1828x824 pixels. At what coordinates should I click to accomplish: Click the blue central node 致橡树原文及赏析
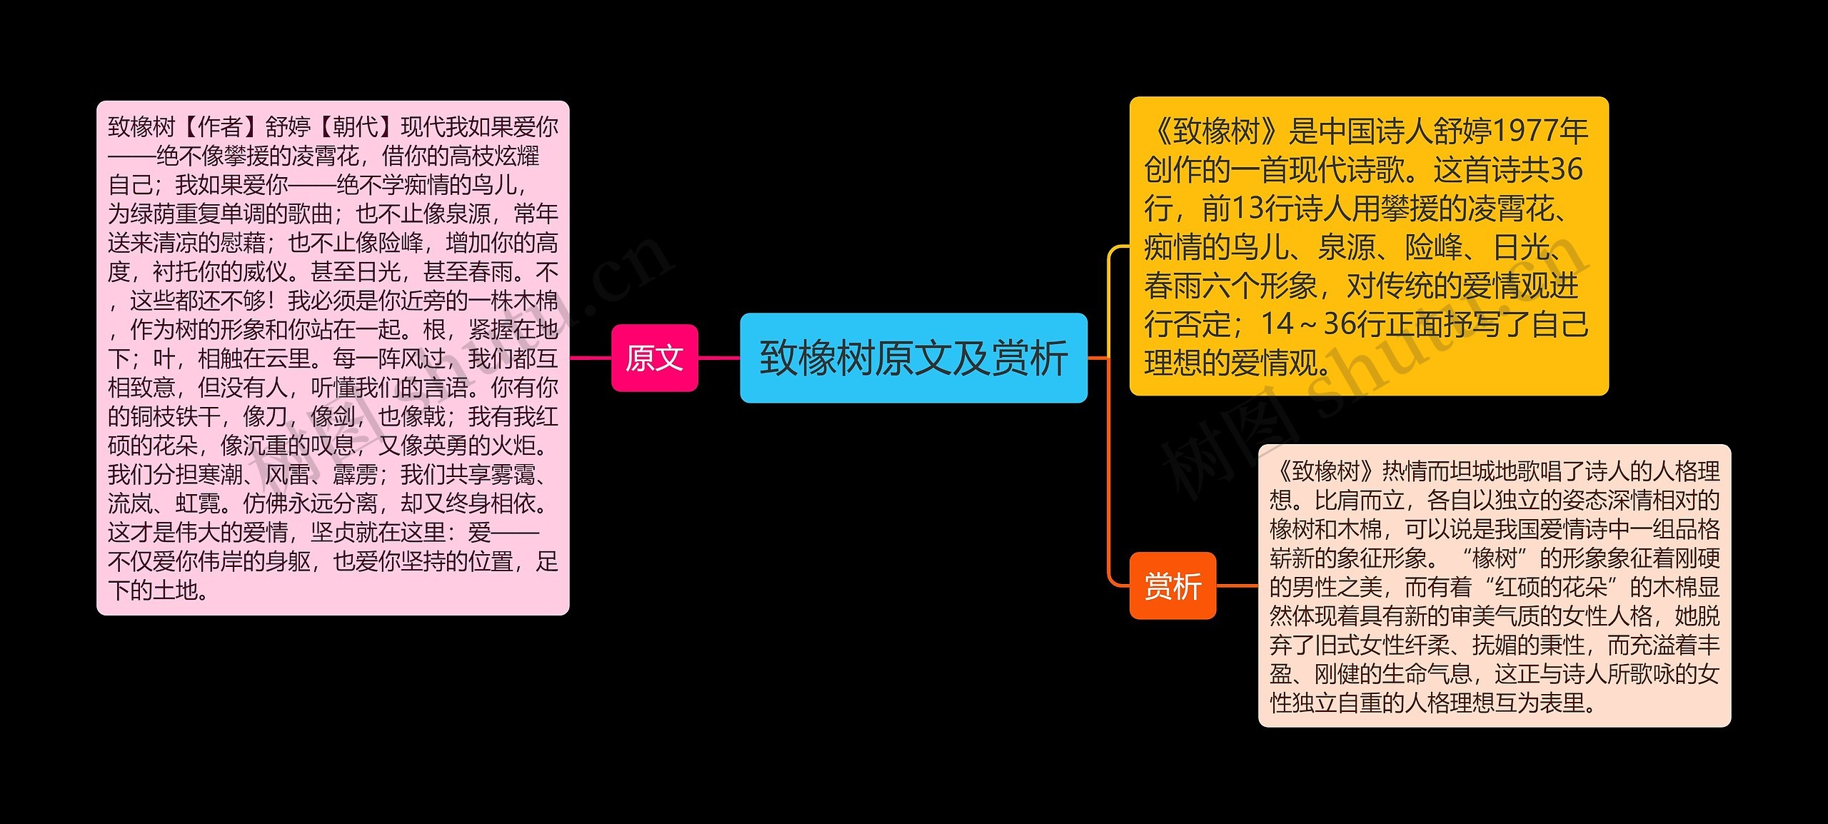(913, 358)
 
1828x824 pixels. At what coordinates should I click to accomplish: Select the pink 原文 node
(654, 358)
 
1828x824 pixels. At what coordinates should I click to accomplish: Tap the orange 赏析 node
(1172, 586)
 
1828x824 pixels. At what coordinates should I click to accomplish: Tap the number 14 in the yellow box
(1277, 325)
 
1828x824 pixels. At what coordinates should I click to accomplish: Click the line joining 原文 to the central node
(718, 358)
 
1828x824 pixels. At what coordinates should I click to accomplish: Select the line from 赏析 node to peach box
(1237, 586)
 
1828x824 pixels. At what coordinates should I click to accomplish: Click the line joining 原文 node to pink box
(590, 358)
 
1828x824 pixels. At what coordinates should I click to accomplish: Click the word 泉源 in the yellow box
(1346, 248)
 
